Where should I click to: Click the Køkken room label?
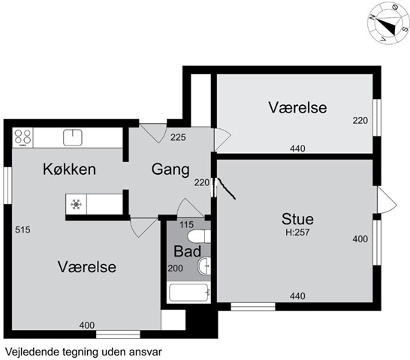click(69, 169)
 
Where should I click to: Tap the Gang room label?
click(170, 169)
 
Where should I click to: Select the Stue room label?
click(297, 219)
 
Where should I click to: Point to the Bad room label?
click(187, 251)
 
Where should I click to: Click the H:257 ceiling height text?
click(297, 232)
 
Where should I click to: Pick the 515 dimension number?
click(23, 230)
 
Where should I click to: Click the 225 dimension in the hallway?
click(178, 137)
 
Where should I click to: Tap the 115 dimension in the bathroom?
click(187, 225)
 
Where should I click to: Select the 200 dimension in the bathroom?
click(175, 268)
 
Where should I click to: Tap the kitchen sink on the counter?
click(73, 138)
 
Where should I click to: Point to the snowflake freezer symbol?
click(76, 204)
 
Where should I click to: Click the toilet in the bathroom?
click(199, 236)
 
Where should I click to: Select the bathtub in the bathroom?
click(188, 292)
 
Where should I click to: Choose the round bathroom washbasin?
click(204, 266)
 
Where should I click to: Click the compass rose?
click(388, 23)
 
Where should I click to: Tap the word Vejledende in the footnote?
click(32, 352)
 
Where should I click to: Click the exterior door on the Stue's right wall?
click(387, 199)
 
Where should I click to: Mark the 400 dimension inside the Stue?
click(360, 239)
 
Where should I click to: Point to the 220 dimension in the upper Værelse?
click(360, 121)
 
